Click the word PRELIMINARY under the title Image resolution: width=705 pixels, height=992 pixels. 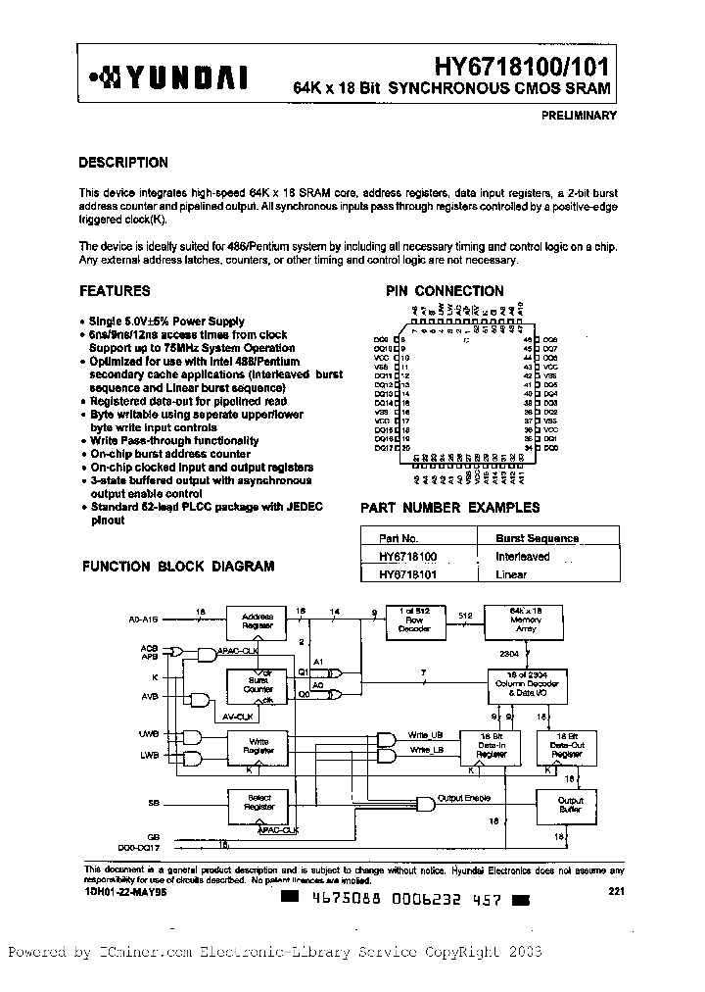click(578, 116)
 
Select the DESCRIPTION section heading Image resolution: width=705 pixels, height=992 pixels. click(123, 163)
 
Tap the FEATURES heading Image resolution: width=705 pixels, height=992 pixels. click(115, 291)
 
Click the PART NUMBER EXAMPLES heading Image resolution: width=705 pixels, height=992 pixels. click(450, 508)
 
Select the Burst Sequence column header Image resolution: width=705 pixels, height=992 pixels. click(537, 538)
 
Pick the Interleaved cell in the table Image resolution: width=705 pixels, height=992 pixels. click(523, 556)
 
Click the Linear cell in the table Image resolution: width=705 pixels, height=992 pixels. click(511, 574)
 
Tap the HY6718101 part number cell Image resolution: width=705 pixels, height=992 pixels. click(407, 574)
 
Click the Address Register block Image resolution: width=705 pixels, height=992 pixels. click(257, 620)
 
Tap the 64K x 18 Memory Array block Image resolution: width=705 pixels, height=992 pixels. click(526, 620)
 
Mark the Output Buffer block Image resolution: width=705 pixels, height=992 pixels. click(570, 805)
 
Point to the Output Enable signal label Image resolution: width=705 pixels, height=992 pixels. click(464, 798)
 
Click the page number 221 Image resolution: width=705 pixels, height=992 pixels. click(616, 890)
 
